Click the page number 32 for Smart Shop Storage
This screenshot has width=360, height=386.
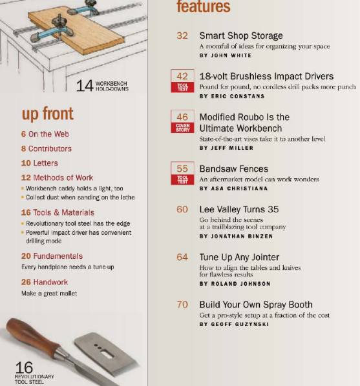click(182, 36)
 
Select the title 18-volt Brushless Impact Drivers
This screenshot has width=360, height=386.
click(266, 76)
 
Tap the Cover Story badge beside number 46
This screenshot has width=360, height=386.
click(182, 127)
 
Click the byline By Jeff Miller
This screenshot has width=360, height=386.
click(223, 148)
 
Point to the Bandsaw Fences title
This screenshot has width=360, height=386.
click(233, 169)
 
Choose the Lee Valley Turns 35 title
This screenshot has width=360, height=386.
click(238, 209)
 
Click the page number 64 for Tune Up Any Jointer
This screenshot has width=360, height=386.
click(182, 257)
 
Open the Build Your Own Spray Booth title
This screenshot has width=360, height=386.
click(255, 305)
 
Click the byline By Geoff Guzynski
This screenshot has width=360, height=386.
click(232, 324)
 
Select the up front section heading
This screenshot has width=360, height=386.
click(48, 114)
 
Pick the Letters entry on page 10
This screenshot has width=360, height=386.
click(39, 163)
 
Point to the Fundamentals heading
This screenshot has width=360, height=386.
click(52, 256)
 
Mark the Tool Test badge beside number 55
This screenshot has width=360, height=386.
click(182, 179)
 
